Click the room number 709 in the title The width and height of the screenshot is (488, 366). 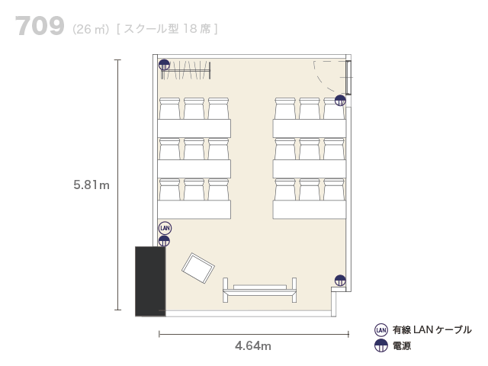(40, 26)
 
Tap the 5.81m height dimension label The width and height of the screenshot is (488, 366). (91, 185)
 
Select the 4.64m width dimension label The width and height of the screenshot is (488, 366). (253, 345)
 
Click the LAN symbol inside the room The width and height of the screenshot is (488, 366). (165, 228)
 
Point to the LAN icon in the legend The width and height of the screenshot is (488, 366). (381, 330)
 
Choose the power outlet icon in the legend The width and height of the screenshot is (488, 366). (381, 345)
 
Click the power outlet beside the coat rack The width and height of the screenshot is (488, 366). (164, 65)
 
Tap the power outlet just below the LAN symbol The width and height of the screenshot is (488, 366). (164, 241)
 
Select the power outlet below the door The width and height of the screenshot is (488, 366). (340, 101)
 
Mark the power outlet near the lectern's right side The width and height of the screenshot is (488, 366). (340, 281)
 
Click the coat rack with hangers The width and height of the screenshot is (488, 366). (186, 70)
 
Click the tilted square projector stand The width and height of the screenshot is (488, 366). (198, 268)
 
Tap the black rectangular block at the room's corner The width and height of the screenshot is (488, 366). (150, 281)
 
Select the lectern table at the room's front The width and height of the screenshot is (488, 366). (259, 291)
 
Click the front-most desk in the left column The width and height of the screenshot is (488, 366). (194, 210)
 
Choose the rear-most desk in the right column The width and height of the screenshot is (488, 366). (310, 128)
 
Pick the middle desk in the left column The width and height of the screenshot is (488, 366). (194, 169)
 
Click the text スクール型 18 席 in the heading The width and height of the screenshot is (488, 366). (168, 29)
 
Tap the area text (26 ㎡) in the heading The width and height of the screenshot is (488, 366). (91, 29)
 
